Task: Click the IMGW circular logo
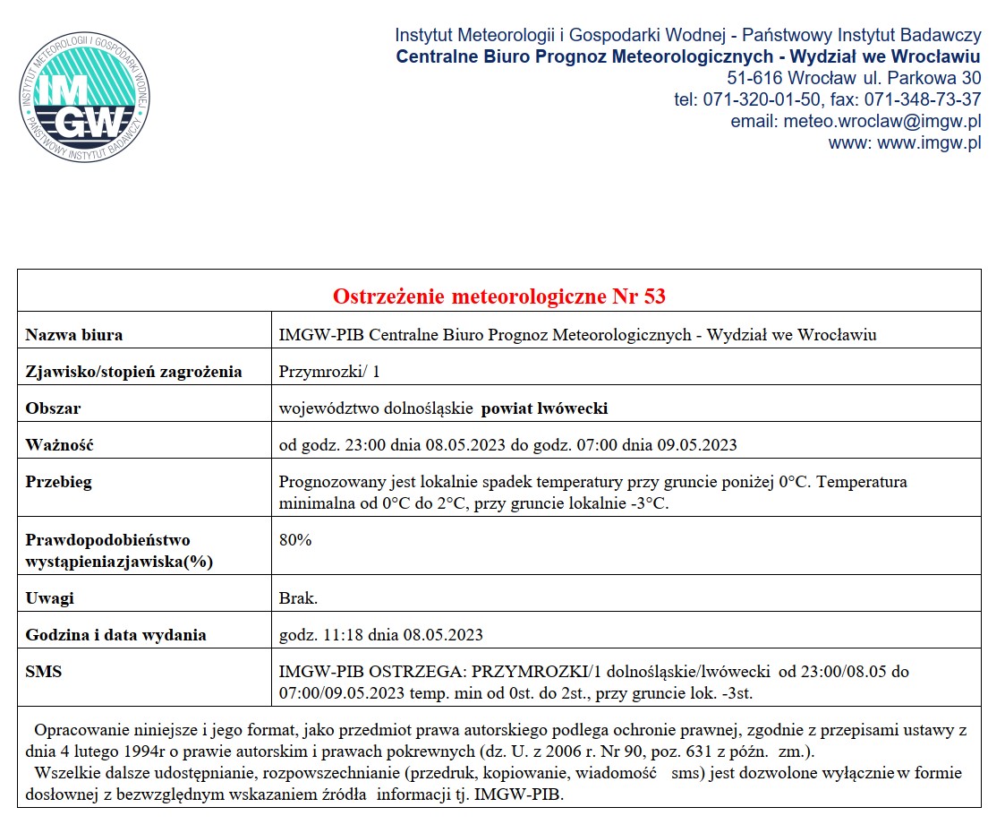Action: point(84,98)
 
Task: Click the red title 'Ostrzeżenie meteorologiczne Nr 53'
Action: point(499,296)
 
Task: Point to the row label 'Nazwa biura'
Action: point(74,335)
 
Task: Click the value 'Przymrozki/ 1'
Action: point(330,372)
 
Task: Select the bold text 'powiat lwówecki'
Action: point(545,408)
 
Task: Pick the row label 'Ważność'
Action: point(59,445)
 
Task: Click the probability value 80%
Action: point(295,540)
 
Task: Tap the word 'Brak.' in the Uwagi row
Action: point(298,598)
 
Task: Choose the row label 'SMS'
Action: point(44,671)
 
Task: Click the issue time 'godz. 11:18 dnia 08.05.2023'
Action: point(381,635)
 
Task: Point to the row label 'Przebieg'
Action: point(58,482)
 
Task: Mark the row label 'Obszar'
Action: point(53,408)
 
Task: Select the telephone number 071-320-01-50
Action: point(756,99)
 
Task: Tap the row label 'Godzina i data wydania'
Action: point(116,635)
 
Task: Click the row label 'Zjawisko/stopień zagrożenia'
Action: point(133,372)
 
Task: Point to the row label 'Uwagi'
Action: point(49,598)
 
